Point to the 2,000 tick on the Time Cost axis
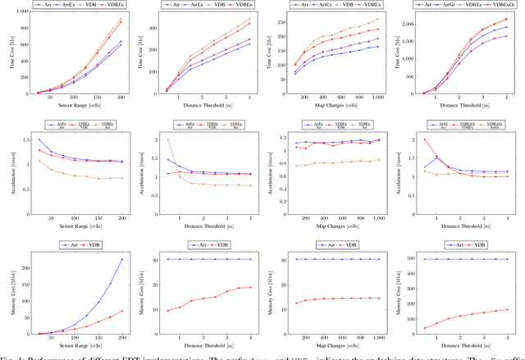[403, 25]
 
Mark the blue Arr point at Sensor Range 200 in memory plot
[121, 259]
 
